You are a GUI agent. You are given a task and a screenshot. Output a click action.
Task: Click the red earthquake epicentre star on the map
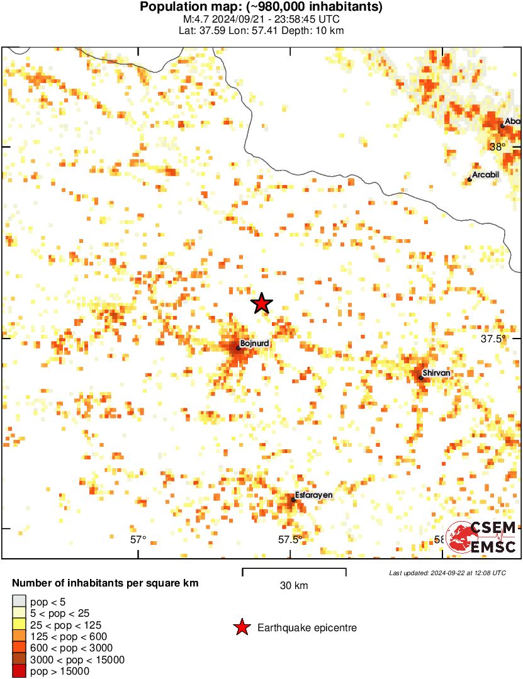point(262,303)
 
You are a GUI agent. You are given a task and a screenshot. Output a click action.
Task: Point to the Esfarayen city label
point(313,495)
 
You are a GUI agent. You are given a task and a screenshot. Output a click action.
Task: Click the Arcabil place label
point(485,174)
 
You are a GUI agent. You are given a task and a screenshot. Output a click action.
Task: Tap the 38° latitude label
point(497,147)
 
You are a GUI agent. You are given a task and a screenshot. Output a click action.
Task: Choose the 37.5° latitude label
point(493,339)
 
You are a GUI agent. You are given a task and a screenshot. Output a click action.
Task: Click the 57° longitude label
point(138,539)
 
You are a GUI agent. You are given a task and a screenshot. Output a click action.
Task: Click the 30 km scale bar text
point(294,586)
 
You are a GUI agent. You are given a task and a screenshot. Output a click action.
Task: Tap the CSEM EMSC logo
point(482,537)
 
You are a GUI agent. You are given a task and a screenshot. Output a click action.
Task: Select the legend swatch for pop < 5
point(19,602)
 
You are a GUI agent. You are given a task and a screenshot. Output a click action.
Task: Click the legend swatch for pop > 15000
point(19,671)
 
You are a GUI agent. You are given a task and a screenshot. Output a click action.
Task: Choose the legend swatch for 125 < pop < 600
point(19,637)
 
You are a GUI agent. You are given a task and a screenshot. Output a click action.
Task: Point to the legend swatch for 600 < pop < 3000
point(19,648)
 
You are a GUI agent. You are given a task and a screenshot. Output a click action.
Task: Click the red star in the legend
point(241,627)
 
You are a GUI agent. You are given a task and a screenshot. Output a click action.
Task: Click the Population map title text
point(261,8)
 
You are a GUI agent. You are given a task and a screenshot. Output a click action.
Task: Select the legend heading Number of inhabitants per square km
point(105,583)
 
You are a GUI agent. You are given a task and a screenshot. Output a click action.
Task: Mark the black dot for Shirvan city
point(421,378)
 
